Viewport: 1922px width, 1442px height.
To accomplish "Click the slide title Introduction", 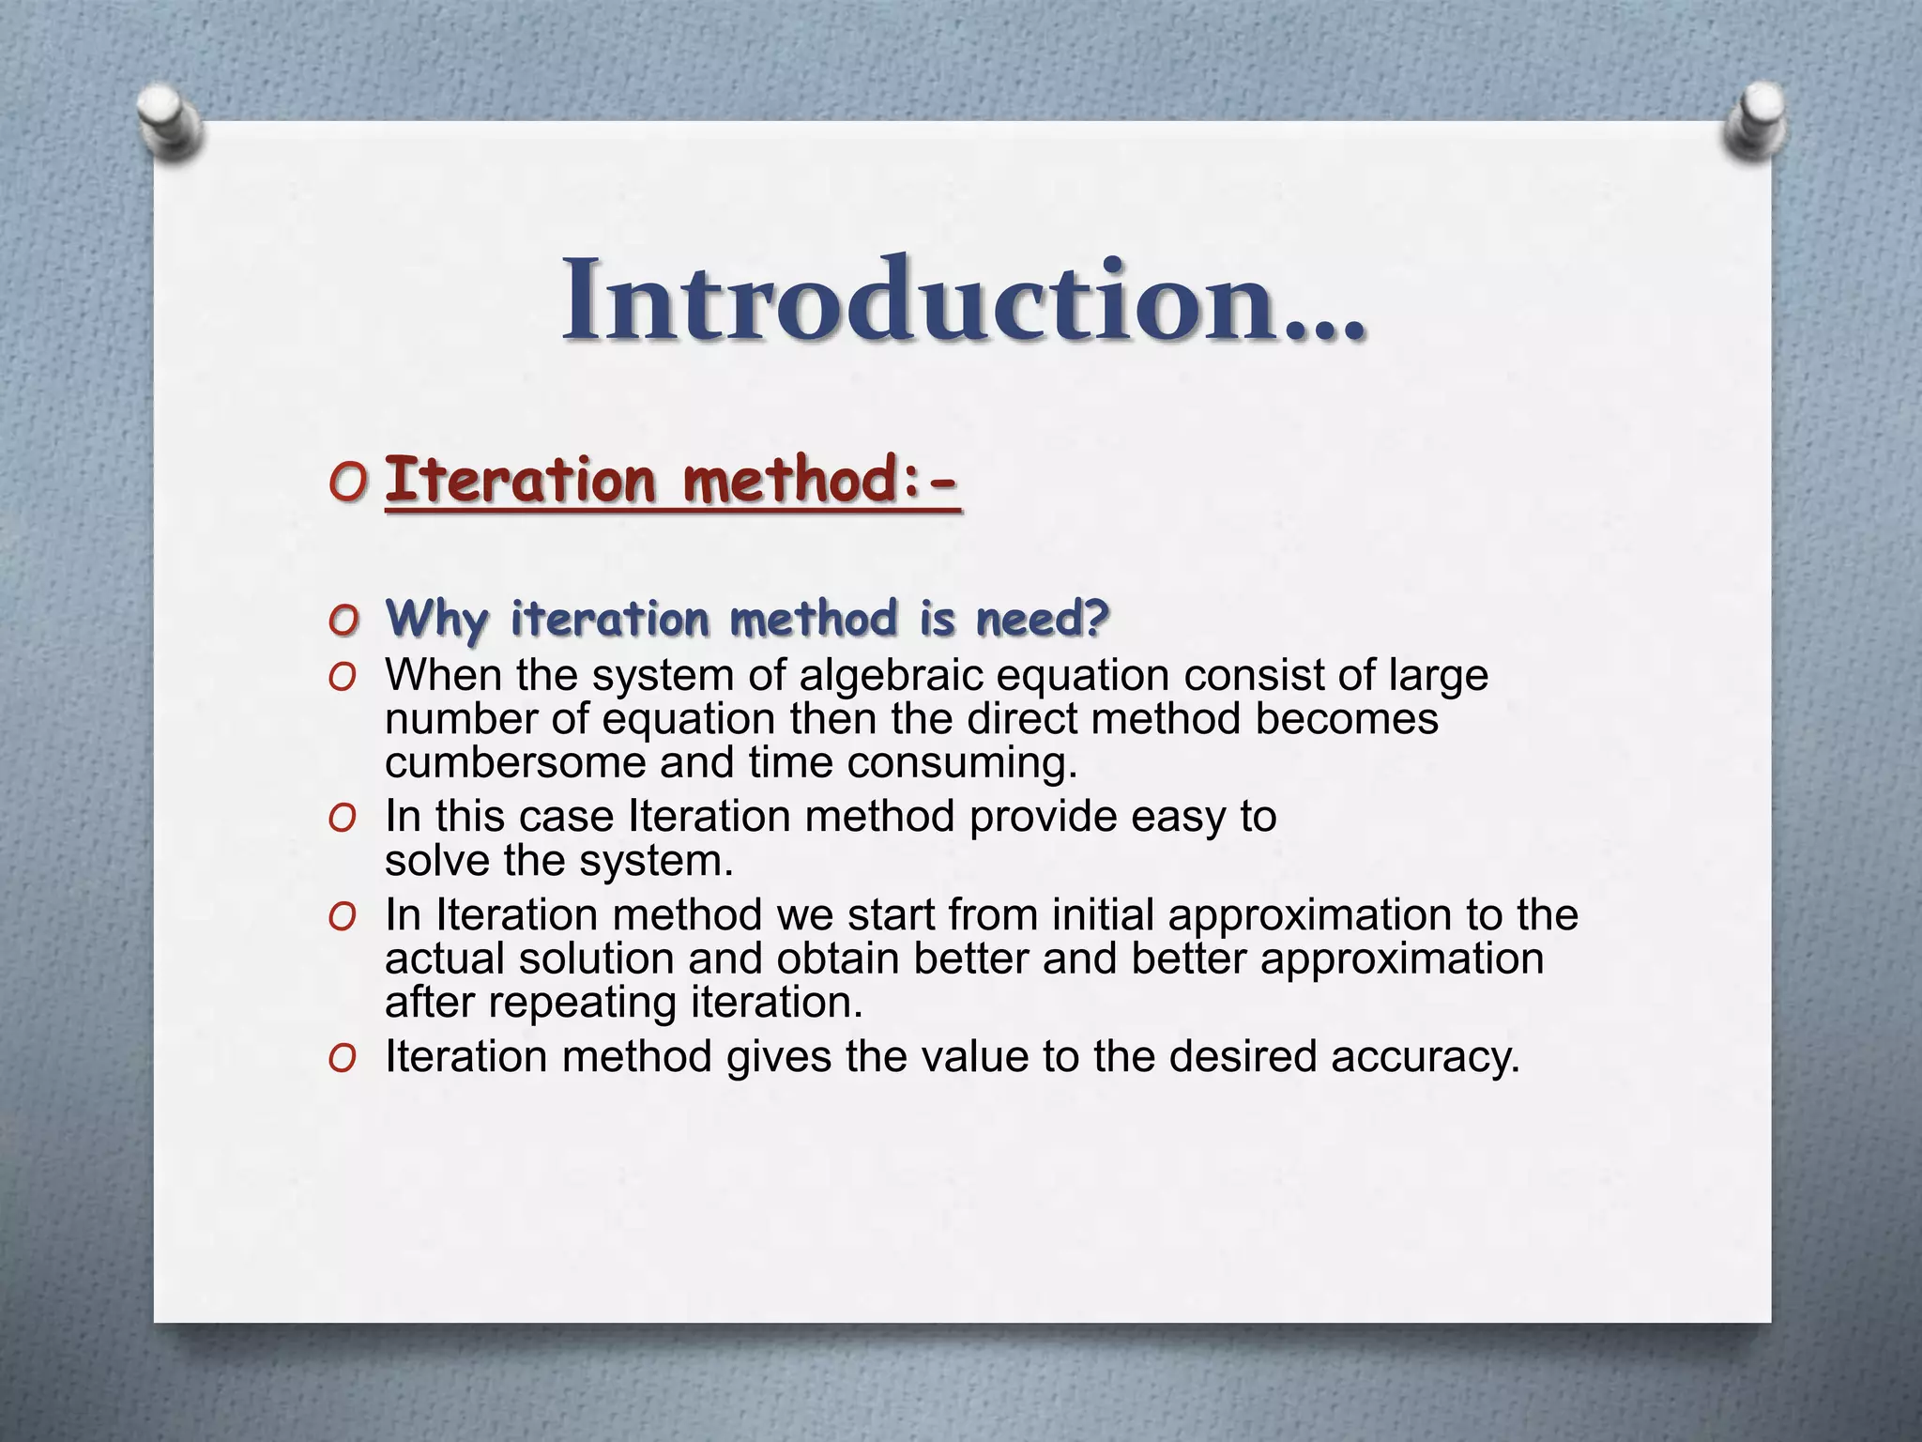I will point(963,300).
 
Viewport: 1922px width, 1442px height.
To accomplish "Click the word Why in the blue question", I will point(437,620).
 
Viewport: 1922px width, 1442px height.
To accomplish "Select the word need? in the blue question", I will point(1043,620).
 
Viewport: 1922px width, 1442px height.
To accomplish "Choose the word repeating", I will point(583,1002).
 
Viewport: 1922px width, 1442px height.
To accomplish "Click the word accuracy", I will point(1425,1057).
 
